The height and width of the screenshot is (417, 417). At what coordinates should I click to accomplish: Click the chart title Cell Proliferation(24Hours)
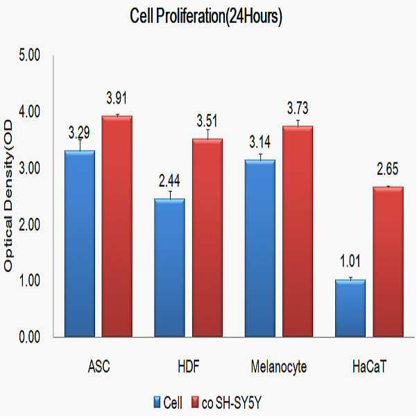click(x=206, y=17)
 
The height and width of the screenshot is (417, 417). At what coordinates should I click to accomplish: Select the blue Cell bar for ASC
click(x=80, y=244)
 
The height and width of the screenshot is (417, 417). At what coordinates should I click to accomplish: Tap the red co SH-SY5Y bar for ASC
click(x=117, y=226)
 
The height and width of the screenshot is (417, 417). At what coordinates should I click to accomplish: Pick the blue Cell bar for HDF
click(x=170, y=268)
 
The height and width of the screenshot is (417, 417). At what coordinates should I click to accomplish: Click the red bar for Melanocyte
click(x=298, y=231)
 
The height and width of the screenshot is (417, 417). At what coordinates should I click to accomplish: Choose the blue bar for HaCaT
click(x=350, y=308)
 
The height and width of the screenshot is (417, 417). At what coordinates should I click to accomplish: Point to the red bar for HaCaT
click(x=389, y=262)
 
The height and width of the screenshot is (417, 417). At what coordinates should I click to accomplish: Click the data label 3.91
click(x=117, y=98)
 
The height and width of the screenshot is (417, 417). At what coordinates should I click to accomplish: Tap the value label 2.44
click(x=169, y=181)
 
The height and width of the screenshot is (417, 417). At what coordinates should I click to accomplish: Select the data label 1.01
click(x=350, y=261)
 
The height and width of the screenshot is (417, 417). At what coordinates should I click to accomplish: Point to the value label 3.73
click(x=298, y=108)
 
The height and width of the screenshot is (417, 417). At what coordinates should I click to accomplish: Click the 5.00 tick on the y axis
click(x=30, y=56)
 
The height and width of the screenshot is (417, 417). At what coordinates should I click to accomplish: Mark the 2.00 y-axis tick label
click(x=30, y=224)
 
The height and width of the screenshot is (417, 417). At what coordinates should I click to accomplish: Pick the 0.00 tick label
click(x=30, y=337)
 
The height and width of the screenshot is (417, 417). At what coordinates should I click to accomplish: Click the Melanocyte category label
click(x=279, y=367)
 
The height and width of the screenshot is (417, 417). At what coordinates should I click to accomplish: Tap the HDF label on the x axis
click(x=189, y=366)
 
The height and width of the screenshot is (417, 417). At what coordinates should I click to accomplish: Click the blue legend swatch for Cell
click(x=158, y=402)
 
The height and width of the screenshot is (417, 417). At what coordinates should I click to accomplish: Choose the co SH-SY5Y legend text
click(x=232, y=402)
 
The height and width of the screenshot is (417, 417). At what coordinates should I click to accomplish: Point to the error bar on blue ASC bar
click(x=80, y=145)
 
